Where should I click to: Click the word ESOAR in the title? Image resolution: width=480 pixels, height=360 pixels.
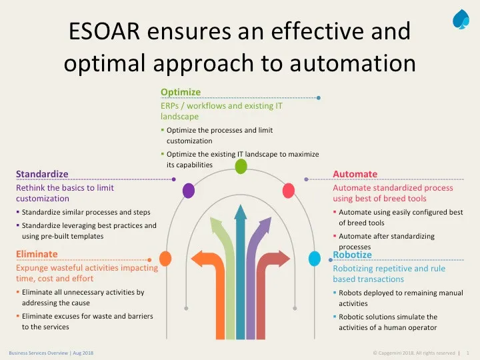click(x=104, y=31)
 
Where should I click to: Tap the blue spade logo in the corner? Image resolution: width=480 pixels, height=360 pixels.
click(x=461, y=19)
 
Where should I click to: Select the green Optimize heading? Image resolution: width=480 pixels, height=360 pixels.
click(x=181, y=92)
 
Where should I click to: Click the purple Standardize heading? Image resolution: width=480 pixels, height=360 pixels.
click(x=42, y=174)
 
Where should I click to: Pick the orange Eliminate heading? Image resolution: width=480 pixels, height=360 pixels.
click(x=37, y=254)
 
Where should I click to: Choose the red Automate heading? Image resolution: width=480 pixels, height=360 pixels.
click(x=355, y=174)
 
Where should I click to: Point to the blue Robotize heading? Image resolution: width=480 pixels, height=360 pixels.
click(x=352, y=255)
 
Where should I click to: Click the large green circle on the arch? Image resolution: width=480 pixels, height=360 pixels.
click(x=241, y=167)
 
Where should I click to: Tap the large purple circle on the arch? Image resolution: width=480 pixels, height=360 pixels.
click(x=189, y=191)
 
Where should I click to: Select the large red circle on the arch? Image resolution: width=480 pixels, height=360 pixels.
click(x=289, y=191)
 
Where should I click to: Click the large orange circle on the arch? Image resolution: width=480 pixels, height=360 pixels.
click(x=165, y=259)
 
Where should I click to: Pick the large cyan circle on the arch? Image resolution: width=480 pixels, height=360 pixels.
click(x=315, y=259)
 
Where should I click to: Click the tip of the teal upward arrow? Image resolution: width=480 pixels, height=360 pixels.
click(x=241, y=205)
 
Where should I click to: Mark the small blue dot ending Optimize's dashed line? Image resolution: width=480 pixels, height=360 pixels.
click(x=319, y=98)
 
